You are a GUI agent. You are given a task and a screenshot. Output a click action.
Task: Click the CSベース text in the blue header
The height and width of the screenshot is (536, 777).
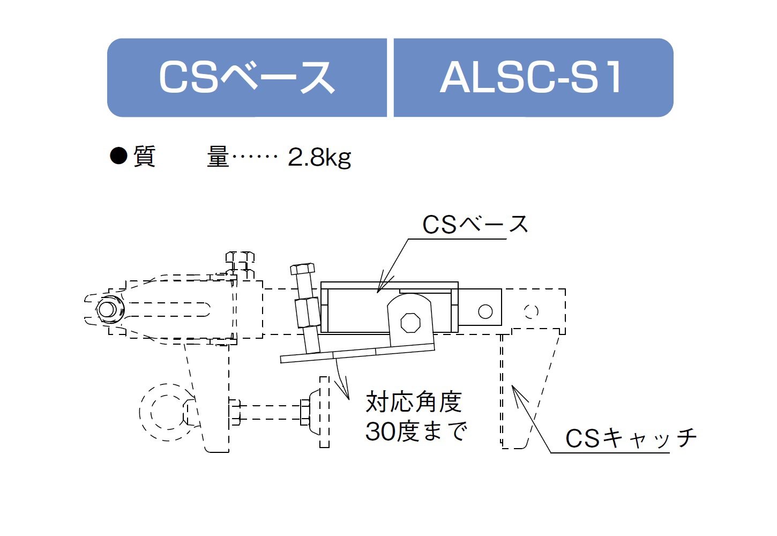[246, 77]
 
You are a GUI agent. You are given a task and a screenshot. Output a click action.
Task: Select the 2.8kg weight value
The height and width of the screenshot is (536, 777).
[319, 158]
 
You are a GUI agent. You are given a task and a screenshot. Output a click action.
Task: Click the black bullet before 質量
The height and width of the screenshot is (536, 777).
[118, 156]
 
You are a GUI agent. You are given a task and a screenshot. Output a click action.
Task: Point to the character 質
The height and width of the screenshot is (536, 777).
[144, 157]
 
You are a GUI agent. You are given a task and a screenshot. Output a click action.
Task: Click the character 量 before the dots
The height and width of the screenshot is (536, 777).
[218, 157]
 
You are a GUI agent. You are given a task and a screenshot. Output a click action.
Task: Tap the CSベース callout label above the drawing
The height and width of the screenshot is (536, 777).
[475, 224]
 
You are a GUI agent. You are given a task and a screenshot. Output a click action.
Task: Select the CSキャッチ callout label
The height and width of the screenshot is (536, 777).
[631, 438]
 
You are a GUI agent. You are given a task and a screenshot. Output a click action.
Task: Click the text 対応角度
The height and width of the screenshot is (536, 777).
[414, 401]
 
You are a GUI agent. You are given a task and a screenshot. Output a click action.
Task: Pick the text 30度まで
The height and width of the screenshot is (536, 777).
[416, 431]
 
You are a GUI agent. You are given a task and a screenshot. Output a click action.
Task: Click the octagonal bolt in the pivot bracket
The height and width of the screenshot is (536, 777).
[410, 323]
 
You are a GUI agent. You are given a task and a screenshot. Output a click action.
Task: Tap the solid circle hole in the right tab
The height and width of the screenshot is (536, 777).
[485, 311]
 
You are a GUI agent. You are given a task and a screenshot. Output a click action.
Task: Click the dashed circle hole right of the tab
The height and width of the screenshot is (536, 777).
[531, 311]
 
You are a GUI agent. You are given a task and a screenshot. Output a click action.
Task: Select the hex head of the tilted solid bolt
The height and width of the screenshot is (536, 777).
[302, 269]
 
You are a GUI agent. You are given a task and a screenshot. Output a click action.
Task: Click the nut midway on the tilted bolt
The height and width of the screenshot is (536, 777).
[308, 312]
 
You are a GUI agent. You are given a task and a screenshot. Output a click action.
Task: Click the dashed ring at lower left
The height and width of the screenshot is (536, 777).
[140, 413]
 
